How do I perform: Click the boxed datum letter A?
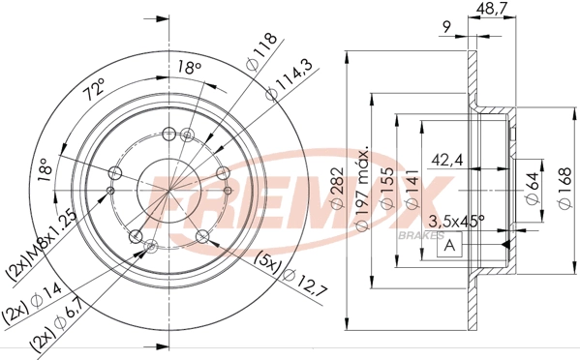tap(450, 246)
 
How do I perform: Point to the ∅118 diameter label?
tap(258, 50)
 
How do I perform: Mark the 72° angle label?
tap(95, 94)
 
